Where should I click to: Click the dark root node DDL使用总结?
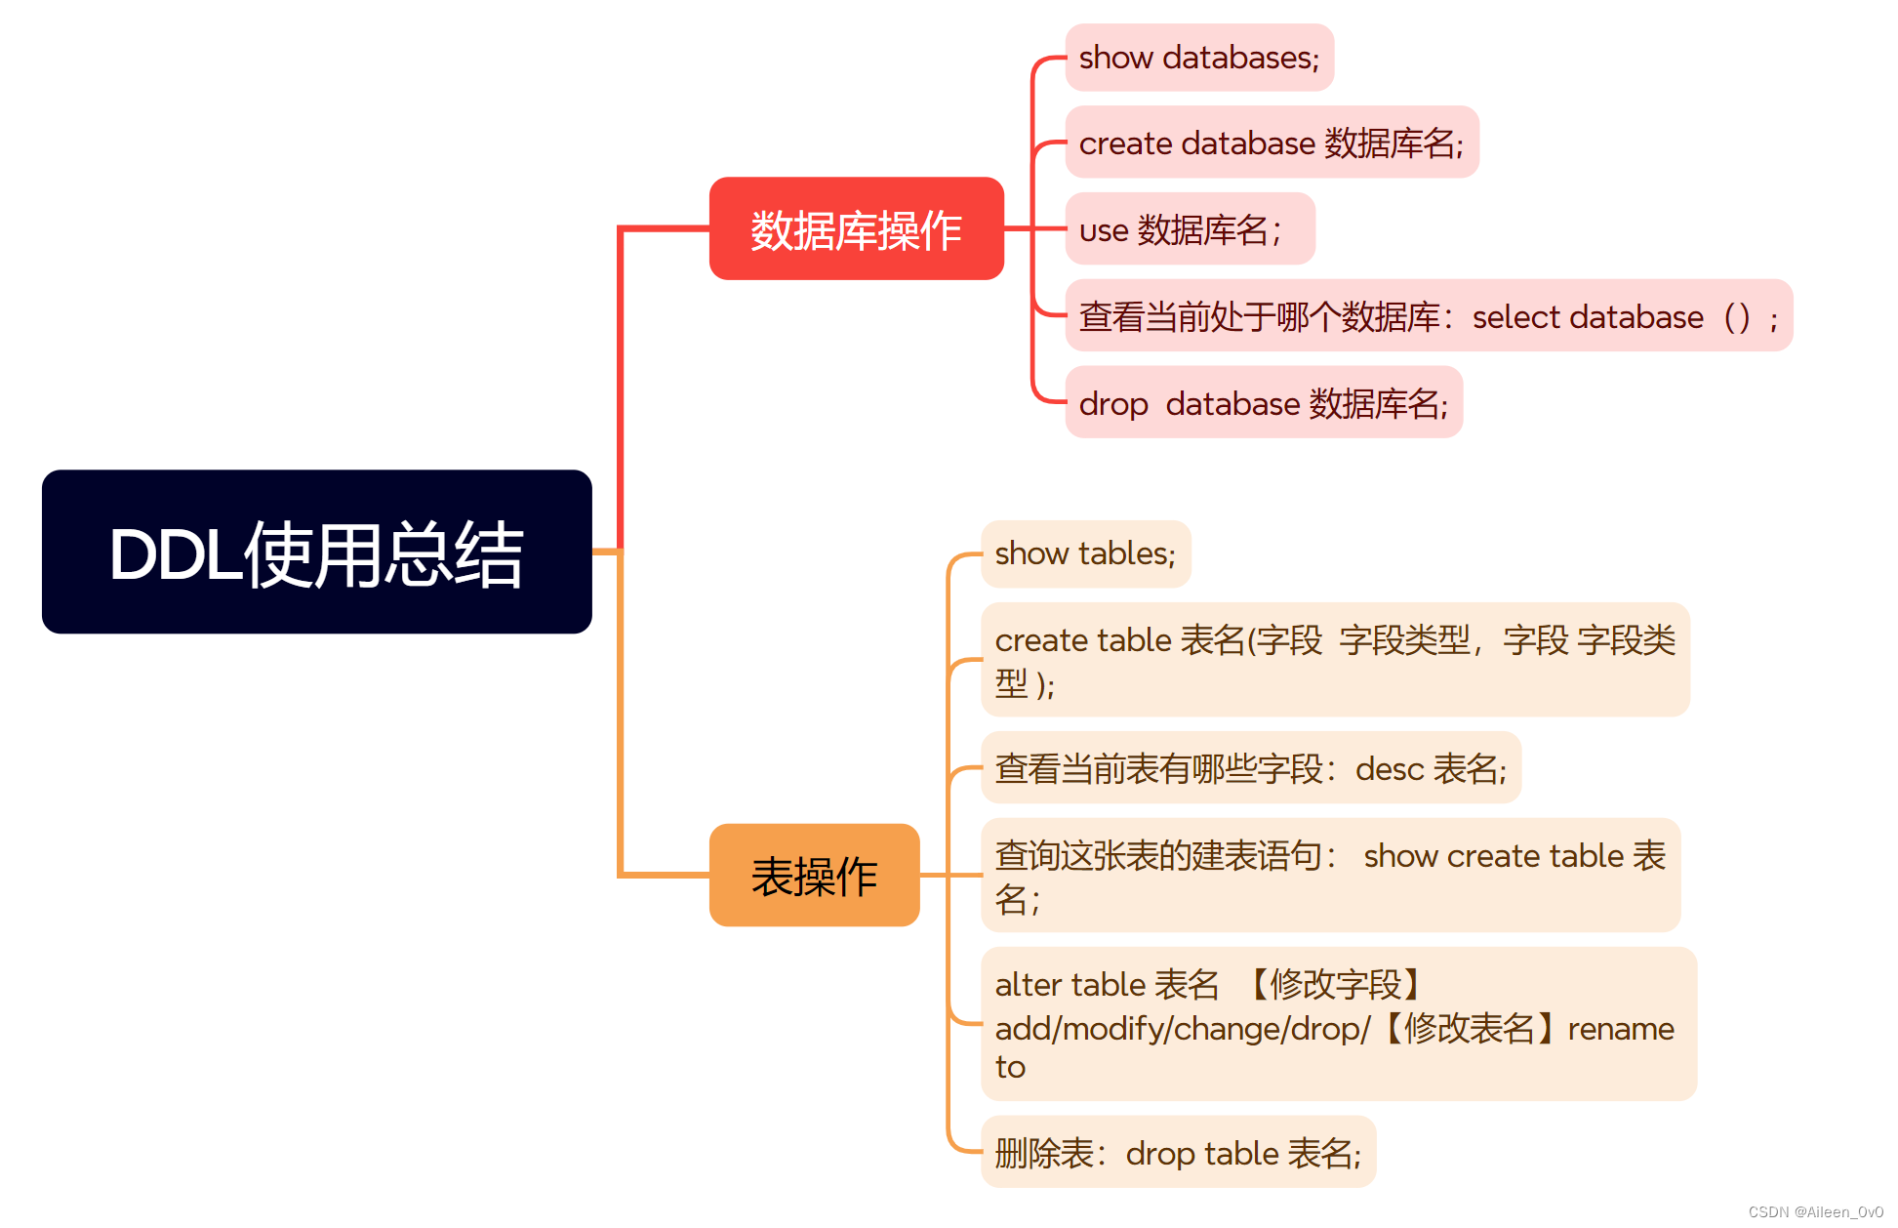(316, 553)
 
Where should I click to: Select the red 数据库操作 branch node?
(856, 229)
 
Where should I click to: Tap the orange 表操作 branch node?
(814, 876)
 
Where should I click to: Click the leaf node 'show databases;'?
(1198, 58)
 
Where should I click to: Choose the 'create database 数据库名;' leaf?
(1271, 143)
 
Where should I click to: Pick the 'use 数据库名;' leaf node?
(1190, 229)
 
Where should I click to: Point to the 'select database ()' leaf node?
(1428, 316)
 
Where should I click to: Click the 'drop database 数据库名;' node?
(1263, 403)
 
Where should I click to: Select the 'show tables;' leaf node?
(1085, 553)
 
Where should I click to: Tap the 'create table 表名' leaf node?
(1334, 660)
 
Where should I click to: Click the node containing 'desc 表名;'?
(1250, 768)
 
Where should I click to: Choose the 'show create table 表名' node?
(1330, 876)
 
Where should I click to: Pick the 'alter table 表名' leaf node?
(1338, 1024)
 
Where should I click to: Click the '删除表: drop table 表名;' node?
(1178, 1153)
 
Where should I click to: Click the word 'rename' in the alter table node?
(1620, 1029)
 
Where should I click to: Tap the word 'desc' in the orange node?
(1390, 769)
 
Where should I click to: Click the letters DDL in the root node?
(176, 554)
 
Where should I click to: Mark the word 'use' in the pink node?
(1104, 231)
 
